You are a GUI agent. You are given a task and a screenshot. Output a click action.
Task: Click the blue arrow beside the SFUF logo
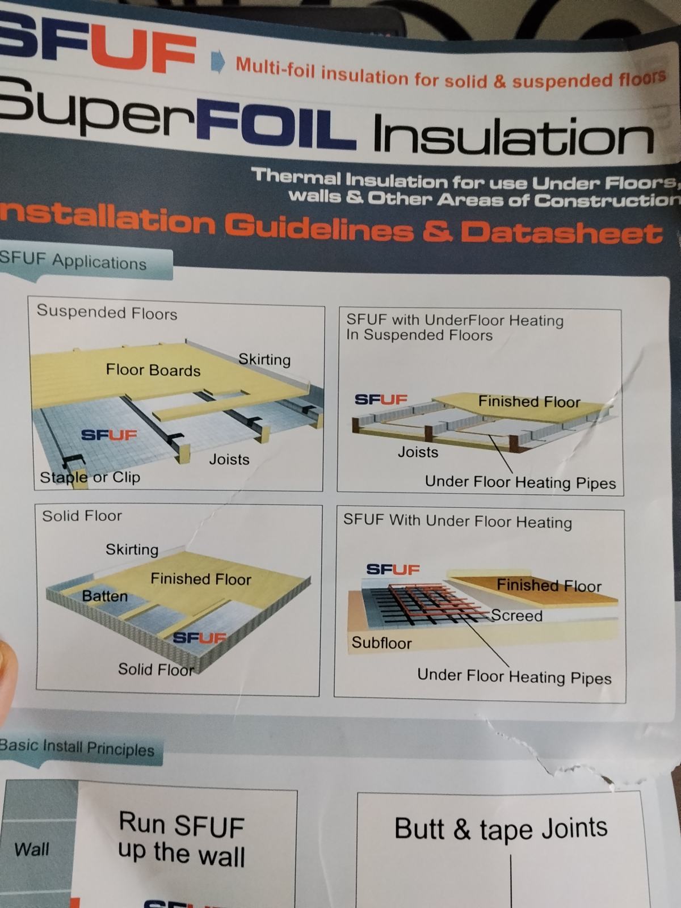(218, 62)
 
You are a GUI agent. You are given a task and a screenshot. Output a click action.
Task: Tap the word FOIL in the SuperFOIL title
(276, 125)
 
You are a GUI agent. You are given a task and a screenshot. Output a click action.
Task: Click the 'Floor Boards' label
(153, 370)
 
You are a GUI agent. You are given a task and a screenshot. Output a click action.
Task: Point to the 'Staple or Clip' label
(90, 477)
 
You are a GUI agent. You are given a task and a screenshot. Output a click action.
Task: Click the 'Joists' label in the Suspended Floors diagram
(229, 459)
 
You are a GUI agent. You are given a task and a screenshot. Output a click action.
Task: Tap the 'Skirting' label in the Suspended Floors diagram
(264, 359)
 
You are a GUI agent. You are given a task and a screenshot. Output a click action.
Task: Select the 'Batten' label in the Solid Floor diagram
(104, 596)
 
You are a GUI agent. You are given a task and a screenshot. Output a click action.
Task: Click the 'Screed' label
(517, 616)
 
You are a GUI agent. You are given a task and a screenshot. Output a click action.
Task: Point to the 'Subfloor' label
(381, 643)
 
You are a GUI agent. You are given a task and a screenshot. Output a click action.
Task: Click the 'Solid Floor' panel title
(82, 516)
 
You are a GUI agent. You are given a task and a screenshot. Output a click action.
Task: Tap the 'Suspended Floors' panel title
(107, 312)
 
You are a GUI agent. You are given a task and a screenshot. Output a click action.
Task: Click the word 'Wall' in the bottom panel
(32, 850)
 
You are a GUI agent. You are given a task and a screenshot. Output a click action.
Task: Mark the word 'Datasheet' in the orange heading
(561, 233)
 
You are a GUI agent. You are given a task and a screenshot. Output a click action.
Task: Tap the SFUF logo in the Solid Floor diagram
(200, 638)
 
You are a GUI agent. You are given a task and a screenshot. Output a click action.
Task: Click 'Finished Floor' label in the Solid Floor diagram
(200, 579)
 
